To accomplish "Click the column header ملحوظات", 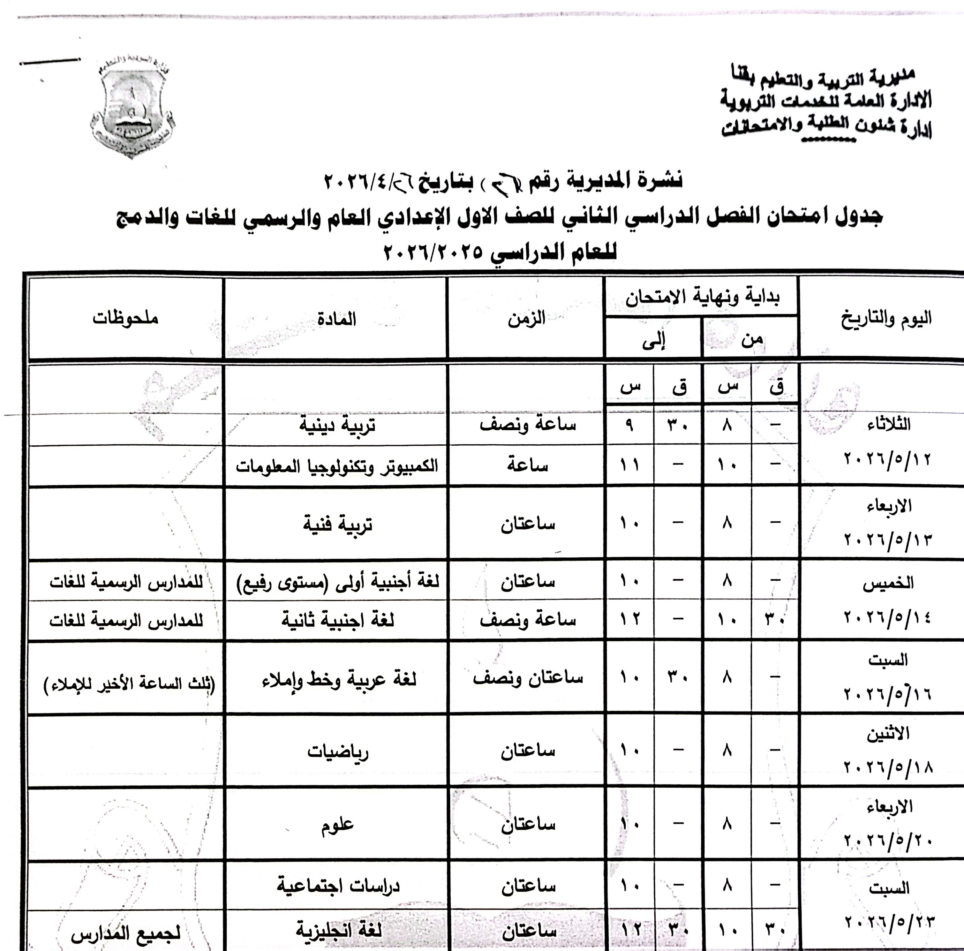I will pos(125,318).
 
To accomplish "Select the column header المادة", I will pos(336,319).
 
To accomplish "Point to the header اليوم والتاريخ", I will pos(886,318).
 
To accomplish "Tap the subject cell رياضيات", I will pos(337,751).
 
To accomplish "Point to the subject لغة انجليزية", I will pos(339,930).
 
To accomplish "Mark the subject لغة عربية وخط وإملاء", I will pos(339,680).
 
